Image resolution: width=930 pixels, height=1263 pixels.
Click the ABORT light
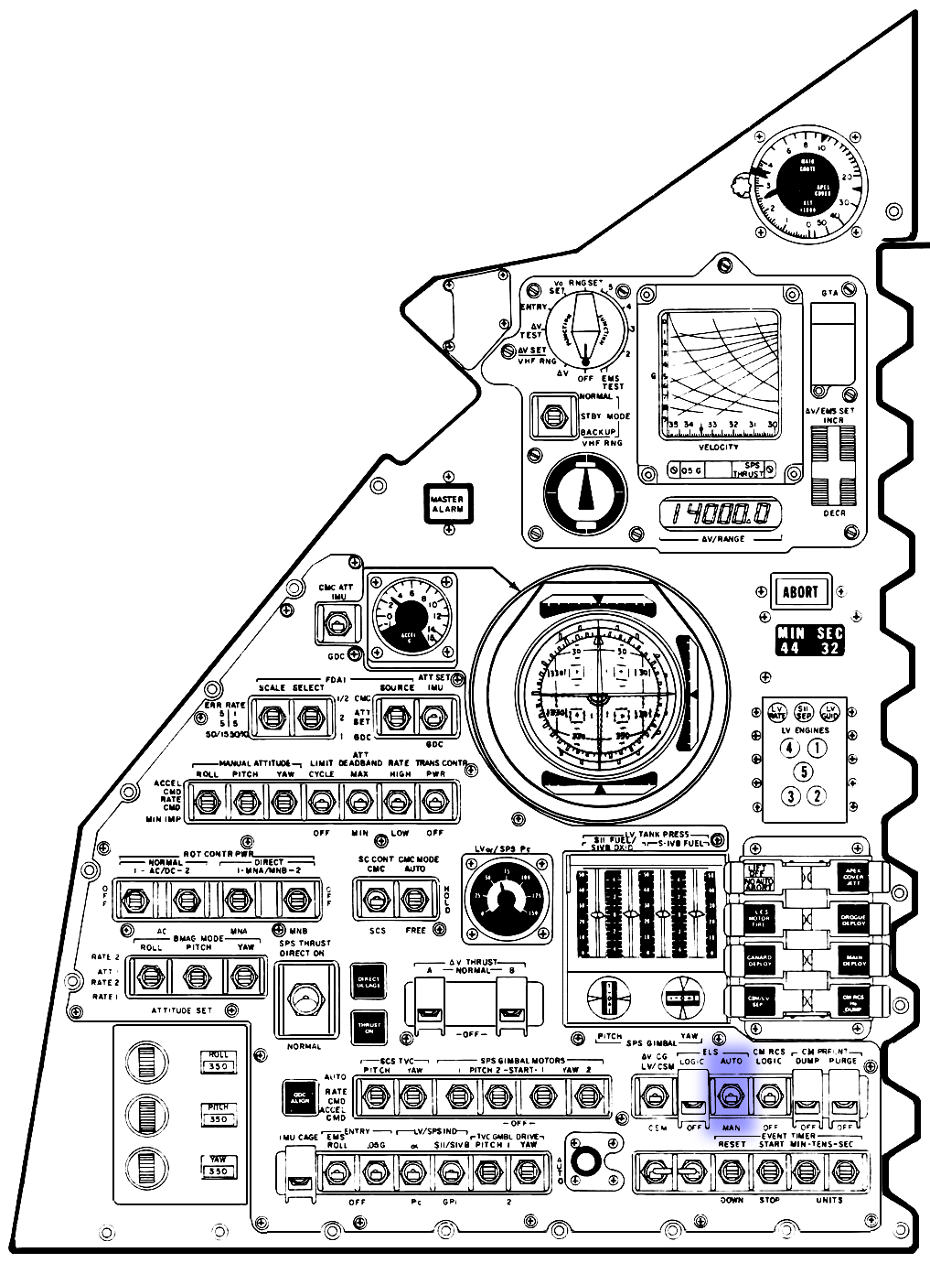click(799, 591)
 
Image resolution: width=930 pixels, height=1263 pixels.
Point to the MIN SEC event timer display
click(809, 640)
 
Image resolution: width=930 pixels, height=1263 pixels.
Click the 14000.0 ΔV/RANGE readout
click(721, 514)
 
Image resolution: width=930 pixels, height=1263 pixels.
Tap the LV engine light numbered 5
click(803, 771)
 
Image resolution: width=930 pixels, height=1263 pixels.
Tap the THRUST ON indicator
click(369, 1028)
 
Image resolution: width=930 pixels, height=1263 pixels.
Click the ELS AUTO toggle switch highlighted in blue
click(731, 1095)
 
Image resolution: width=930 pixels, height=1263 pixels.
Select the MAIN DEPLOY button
click(852, 961)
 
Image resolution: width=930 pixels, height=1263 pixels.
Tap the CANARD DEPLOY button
click(759, 961)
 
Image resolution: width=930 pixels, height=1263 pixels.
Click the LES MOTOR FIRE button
click(759, 918)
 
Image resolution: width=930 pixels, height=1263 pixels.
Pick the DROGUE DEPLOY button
click(852, 918)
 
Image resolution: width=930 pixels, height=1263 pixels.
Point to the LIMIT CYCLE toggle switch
click(321, 803)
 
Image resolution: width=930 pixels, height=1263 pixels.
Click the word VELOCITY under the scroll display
click(719, 447)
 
